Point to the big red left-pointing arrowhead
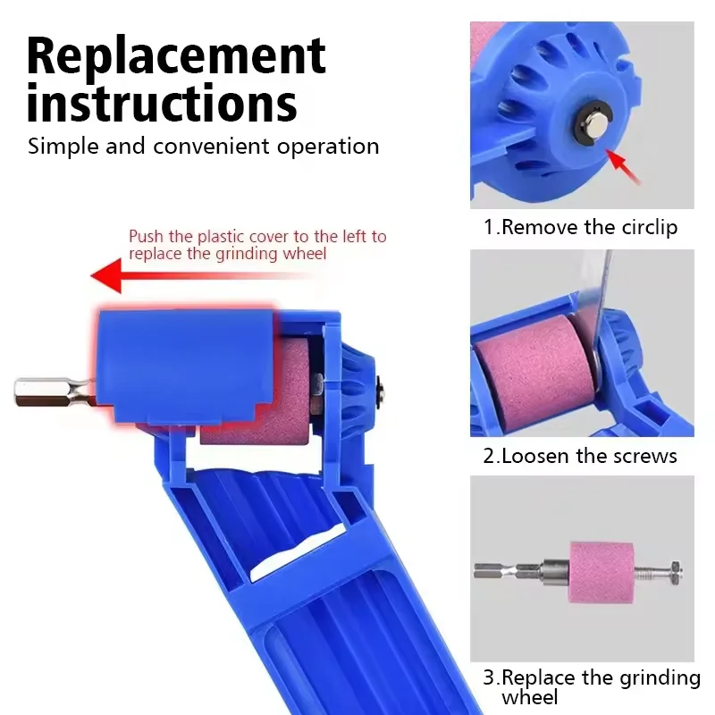coord(107,274)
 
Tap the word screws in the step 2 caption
coord(645,456)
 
